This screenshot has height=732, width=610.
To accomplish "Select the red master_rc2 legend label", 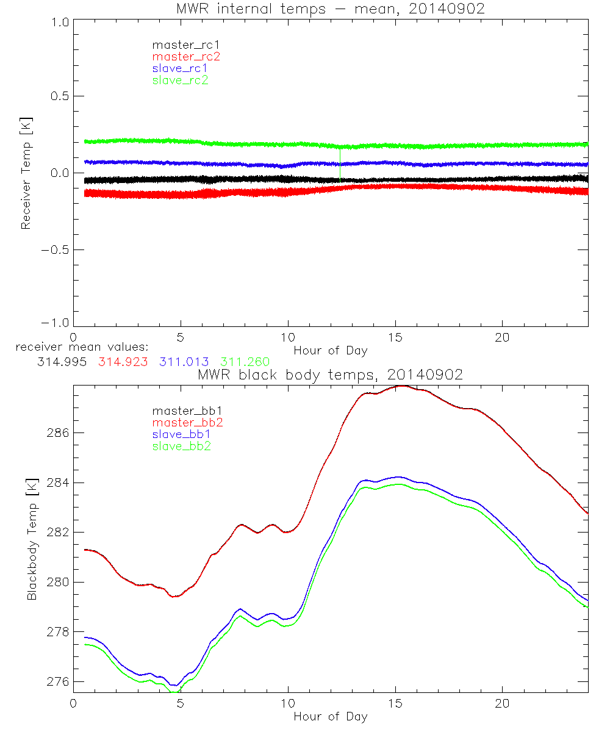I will point(186,57).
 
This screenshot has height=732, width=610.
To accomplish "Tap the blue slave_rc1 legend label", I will point(180,68).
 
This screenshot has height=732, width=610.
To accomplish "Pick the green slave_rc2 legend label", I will point(180,80).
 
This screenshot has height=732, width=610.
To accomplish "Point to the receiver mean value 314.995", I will point(60,362).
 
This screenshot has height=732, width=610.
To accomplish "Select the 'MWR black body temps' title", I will point(330,375).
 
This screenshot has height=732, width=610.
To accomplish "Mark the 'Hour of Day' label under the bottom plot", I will point(330,717).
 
